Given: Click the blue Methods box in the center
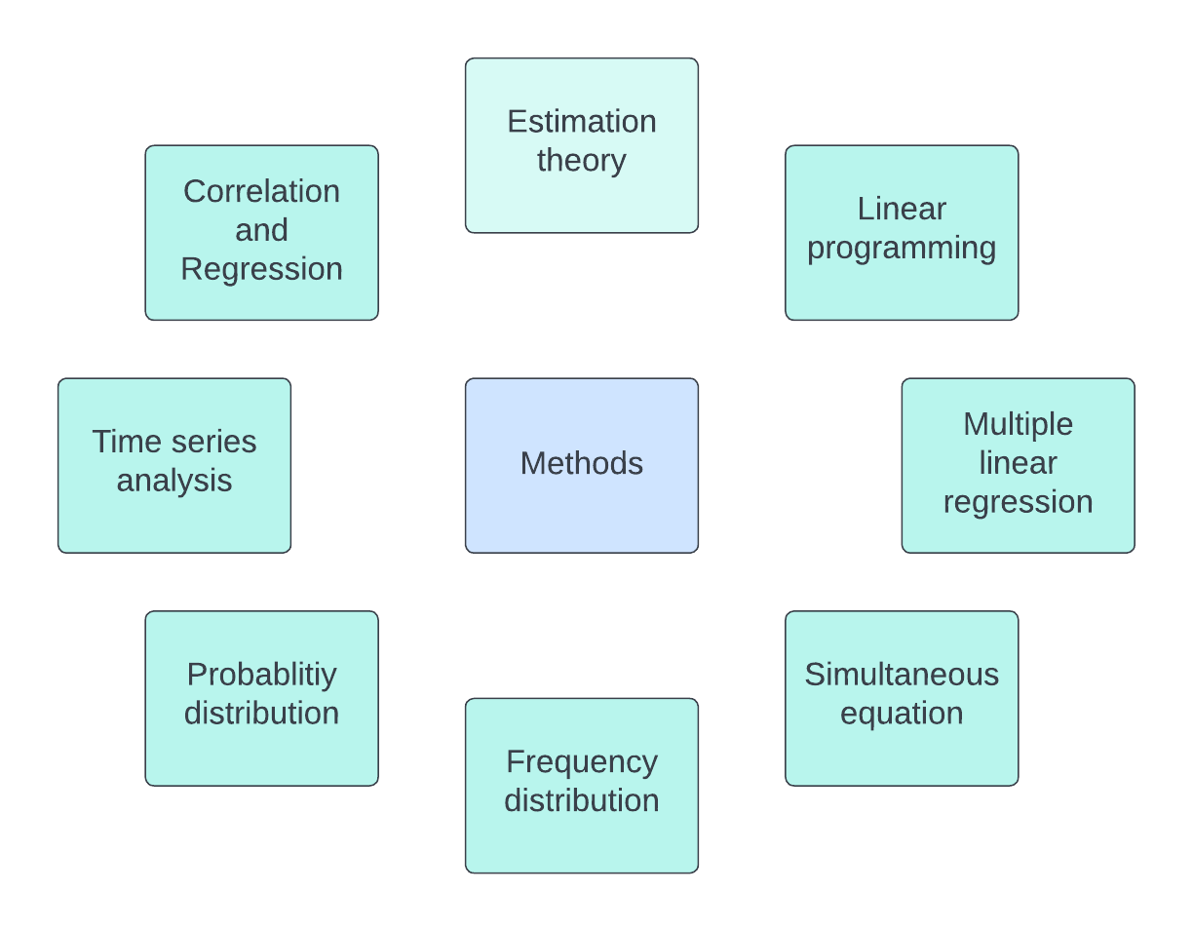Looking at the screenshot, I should [582, 464].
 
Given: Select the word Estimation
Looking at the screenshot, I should [582, 122].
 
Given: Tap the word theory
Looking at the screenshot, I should [582, 160].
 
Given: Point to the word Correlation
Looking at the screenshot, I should [261, 191].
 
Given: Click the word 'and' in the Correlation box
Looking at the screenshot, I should [261, 230].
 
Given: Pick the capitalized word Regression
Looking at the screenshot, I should [261, 269].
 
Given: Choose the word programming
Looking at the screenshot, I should [902, 249].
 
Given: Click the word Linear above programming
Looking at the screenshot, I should [902, 209].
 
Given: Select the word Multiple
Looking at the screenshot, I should [1018, 424].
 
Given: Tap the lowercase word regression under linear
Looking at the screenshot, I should [1018, 502].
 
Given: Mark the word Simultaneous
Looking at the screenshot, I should [902, 675].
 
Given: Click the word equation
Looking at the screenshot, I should [902, 714].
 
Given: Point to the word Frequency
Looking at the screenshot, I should [582, 761].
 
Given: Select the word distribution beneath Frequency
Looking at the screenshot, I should [582, 800].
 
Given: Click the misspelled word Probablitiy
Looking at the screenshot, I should [261, 675].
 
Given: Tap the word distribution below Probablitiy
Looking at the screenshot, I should [261, 714].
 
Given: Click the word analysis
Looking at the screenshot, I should [174, 481].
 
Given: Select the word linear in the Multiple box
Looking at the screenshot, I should [1018, 463].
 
